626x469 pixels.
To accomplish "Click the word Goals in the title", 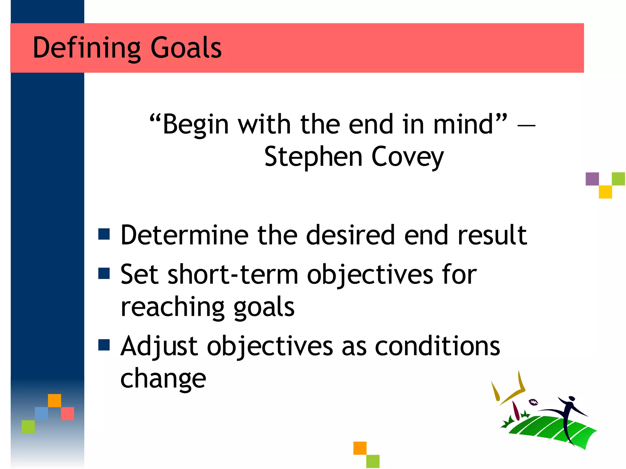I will click(x=186, y=48).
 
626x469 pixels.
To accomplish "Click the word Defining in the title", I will click(x=86, y=48).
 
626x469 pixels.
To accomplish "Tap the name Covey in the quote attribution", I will click(x=407, y=157).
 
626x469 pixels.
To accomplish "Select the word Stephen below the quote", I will click(x=313, y=157).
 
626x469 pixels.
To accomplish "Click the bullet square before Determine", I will click(x=104, y=234).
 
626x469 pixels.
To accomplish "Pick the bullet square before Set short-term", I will click(x=104, y=274).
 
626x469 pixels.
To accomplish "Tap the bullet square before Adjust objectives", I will click(x=104, y=345).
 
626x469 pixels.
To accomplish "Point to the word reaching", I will click(x=173, y=307).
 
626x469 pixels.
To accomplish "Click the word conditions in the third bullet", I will click(x=437, y=346).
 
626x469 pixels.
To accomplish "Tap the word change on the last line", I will click(x=163, y=379).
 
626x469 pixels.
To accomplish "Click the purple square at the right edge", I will click(x=592, y=179).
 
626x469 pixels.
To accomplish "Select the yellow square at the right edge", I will click(x=605, y=192).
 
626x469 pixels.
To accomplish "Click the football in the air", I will click(x=533, y=402).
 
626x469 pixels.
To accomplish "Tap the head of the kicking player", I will click(x=572, y=398).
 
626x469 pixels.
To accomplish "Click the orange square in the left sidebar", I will click(x=54, y=400).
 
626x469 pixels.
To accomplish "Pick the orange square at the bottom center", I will click(x=360, y=448).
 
